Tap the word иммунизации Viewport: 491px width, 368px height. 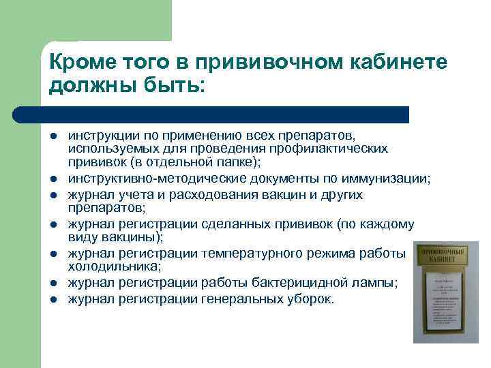point(386,179)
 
